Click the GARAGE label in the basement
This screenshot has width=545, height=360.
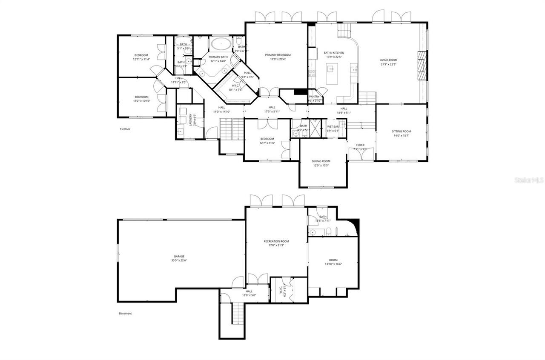click(179, 256)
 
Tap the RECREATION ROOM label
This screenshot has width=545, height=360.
click(276, 241)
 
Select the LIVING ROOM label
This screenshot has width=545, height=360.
click(388, 60)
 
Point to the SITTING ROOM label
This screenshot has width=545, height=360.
click(401, 131)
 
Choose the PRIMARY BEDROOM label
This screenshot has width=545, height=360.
click(278, 55)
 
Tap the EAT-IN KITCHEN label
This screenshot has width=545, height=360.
click(334, 53)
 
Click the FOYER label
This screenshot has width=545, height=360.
click(361, 145)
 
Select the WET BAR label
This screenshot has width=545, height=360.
click(333, 127)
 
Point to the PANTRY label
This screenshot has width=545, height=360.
click(314, 97)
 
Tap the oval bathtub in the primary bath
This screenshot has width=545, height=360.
click(221, 43)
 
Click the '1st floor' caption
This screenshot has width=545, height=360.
click(125, 129)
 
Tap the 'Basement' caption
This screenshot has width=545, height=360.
click(125, 314)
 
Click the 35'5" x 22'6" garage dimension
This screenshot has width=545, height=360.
click(179, 260)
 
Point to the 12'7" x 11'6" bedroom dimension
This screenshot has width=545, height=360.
click(267, 143)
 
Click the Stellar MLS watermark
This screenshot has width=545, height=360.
click(529, 180)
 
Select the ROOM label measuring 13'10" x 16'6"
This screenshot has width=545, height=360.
click(333, 260)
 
